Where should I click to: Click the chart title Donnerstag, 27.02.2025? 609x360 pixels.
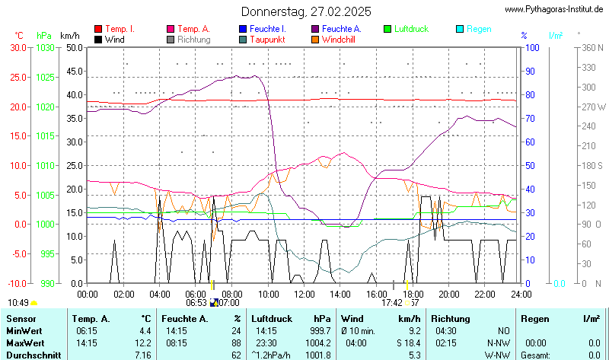point(306,11)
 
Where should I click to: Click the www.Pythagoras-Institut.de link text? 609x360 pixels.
point(555,9)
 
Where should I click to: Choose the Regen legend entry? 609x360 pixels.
point(478,29)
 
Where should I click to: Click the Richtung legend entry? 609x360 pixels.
point(193,40)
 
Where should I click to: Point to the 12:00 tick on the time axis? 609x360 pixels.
point(304,294)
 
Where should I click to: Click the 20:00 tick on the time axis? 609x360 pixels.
point(448,294)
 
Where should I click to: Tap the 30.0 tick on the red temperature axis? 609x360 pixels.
point(18,47)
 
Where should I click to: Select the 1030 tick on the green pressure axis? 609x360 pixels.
point(46,47)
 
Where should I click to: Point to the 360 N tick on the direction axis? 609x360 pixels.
point(592,47)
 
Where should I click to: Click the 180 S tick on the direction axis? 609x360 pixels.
point(592,165)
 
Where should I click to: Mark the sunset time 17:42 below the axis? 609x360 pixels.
point(392,303)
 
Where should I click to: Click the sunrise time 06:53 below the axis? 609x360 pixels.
point(196,303)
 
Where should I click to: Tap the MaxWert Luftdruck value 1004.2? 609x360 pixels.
point(317,342)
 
